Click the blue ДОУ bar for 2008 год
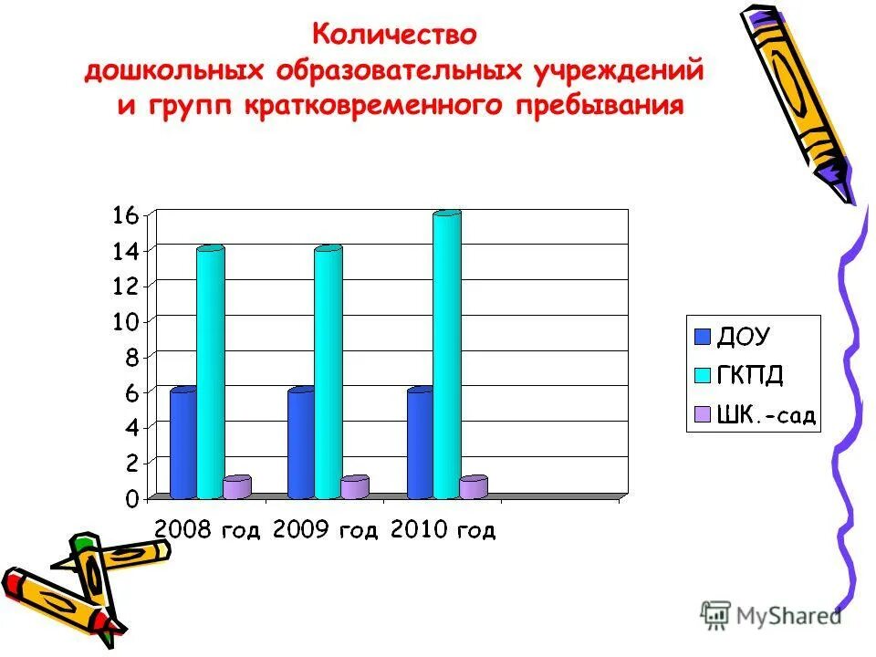tap(182, 444)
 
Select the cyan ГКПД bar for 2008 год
tap(210, 374)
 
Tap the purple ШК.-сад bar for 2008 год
tap(236, 488)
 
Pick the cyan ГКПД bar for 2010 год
tap(447, 356)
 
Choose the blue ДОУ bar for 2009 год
tap(300, 444)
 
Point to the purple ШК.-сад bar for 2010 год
tap(473, 488)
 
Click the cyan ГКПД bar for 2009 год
tap(328, 374)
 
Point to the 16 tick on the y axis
tap(125, 215)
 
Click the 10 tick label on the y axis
tap(125, 321)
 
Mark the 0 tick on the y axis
tap(131, 499)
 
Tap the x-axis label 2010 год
tap(443, 530)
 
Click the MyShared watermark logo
tap(771, 615)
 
